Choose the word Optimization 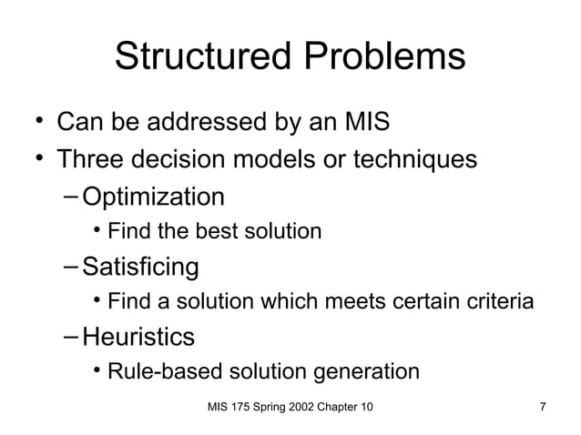153,197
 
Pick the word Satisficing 140,267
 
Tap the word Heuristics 138,337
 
